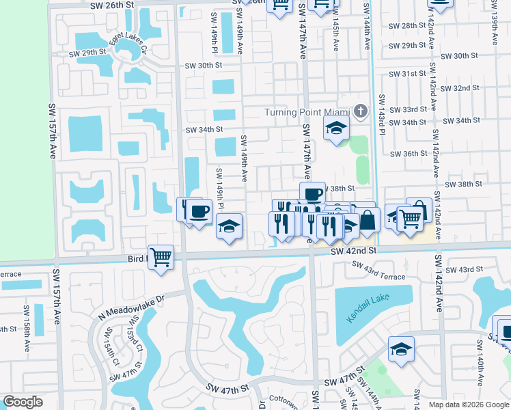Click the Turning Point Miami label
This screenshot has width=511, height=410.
307,112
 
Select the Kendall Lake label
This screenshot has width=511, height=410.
374,301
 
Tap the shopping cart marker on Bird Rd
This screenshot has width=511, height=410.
161,258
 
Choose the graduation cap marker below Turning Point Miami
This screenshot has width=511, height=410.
335,128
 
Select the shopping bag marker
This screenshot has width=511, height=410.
368,220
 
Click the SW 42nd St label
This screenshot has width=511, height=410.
354,251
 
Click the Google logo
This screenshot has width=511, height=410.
23,402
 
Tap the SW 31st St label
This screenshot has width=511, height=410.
403,74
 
